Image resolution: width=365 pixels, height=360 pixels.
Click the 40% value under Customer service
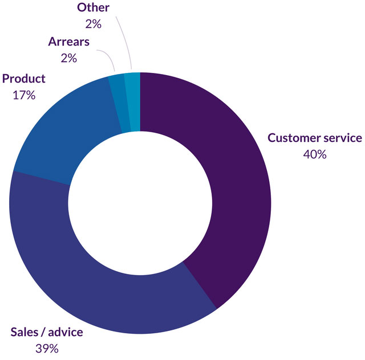pos(315,154)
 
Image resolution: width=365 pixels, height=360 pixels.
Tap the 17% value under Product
pos(23,95)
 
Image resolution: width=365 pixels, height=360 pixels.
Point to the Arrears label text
pos(68,42)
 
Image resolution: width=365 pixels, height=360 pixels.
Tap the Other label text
pos(93,7)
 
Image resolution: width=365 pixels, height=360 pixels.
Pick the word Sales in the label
pos(25,332)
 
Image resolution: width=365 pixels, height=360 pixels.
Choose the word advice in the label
pos(65,332)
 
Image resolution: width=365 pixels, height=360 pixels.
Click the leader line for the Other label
pos(124,40)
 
